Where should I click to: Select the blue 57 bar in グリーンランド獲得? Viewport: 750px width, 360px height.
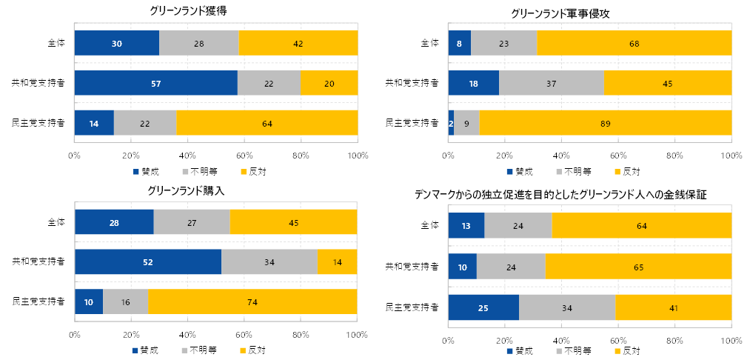(x=155, y=83)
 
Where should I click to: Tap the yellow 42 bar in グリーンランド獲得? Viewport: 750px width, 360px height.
(x=298, y=43)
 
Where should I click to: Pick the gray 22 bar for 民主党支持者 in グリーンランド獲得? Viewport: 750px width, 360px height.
(x=145, y=123)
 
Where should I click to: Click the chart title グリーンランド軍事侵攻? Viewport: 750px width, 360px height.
(x=560, y=13)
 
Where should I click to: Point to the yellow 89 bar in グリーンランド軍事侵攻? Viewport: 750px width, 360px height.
(x=606, y=123)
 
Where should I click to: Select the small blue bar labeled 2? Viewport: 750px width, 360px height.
(x=451, y=123)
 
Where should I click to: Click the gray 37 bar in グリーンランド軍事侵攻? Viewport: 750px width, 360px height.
(x=551, y=83)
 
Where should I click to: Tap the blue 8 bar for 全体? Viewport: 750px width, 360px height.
(x=459, y=43)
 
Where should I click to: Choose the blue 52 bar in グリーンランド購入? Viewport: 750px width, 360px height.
(x=148, y=261)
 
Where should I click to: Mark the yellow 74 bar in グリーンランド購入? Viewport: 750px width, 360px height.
(x=252, y=301)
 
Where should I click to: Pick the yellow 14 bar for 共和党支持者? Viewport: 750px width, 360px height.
(x=338, y=261)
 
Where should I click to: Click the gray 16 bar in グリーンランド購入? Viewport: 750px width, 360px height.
(x=125, y=301)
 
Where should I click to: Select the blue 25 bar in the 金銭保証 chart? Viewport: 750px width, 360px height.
(x=483, y=307)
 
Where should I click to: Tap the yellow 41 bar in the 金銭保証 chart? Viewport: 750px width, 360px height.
(x=674, y=307)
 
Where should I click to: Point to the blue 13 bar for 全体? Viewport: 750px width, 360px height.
(x=466, y=225)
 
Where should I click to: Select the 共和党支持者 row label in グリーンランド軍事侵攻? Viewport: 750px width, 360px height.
(x=412, y=83)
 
